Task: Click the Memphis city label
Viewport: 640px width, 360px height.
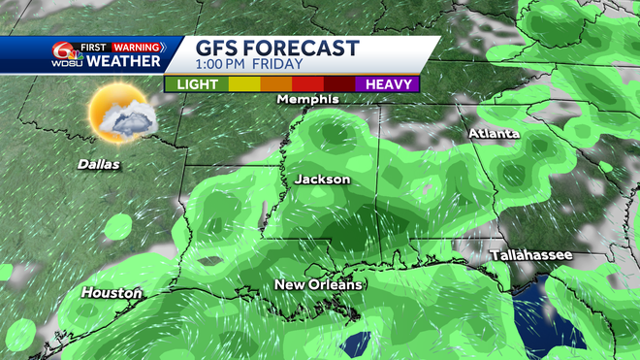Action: coord(307,99)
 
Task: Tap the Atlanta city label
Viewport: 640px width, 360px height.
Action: coord(494,133)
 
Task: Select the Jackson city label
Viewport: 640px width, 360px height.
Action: coord(322,180)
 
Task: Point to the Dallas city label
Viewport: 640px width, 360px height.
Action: coord(99,164)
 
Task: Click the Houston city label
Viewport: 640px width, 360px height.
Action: coord(112,292)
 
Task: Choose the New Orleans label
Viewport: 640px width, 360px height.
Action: coord(318,284)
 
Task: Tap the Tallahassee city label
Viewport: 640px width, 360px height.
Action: coord(530,254)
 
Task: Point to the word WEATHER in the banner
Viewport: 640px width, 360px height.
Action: coord(123,62)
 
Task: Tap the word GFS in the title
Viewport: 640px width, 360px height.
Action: coord(218,49)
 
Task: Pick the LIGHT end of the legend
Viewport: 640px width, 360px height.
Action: coord(197,83)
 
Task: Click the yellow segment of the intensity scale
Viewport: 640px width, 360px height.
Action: coord(243,83)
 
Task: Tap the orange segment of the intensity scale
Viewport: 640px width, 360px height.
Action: coord(275,83)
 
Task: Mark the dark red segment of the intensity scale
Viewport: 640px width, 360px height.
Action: coord(339,83)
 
